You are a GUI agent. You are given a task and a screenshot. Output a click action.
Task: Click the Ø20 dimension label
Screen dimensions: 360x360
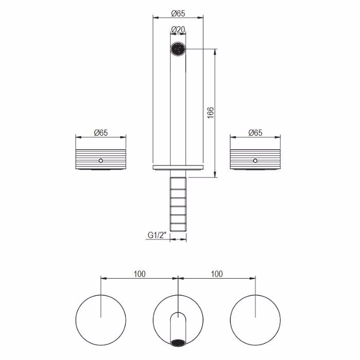coord(178,29)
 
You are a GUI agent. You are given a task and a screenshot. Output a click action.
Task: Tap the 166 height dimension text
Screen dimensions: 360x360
coord(210,113)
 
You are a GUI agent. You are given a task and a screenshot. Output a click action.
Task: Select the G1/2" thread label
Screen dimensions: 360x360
coord(157,235)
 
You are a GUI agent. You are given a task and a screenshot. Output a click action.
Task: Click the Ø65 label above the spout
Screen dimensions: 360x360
coord(178,13)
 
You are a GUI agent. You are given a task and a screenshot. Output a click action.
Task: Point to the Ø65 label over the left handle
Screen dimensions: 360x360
coord(101,133)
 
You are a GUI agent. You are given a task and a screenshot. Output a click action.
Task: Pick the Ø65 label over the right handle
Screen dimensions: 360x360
coord(255,133)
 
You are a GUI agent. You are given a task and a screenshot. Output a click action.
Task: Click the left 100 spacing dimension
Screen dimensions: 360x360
coord(139,274)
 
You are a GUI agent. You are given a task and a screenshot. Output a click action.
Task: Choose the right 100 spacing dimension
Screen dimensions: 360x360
coord(217,274)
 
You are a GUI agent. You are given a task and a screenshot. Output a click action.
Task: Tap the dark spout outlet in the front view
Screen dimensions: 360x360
coord(178,49)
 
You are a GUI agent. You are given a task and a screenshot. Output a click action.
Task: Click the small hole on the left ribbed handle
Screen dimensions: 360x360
coord(101,160)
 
